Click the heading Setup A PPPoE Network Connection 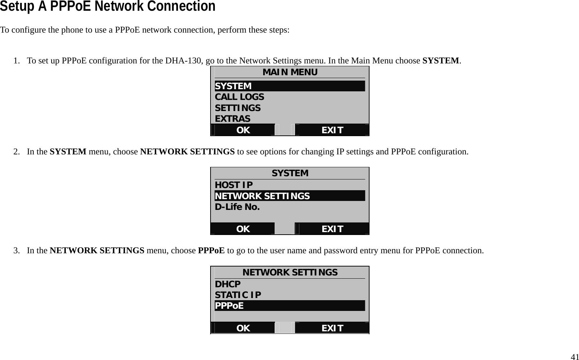click(x=107, y=6)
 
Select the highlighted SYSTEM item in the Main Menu click(x=233, y=86)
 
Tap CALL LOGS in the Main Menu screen click(x=239, y=97)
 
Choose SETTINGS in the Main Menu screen click(x=237, y=108)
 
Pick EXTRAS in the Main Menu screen click(x=232, y=119)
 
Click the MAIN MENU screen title click(x=290, y=72)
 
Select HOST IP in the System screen click(x=233, y=185)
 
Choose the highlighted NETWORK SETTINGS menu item click(x=262, y=196)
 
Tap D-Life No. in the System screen click(x=237, y=207)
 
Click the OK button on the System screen click(x=243, y=229)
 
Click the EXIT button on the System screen click(x=332, y=229)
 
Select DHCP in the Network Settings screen click(x=228, y=284)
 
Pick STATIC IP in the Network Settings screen click(x=238, y=295)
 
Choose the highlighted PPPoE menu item click(x=229, y=306)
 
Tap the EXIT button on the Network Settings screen click(x=332, y=328)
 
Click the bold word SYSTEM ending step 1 click(x=440, y=61)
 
